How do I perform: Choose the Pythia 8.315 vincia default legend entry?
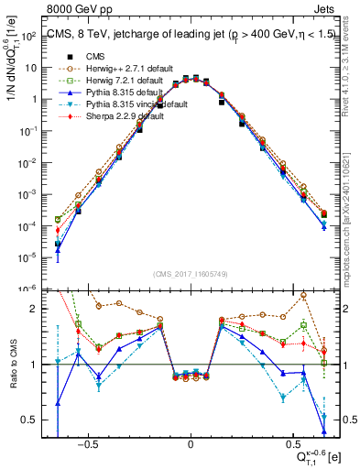(x=137, y=105)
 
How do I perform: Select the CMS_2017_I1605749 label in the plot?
(x=191, y=274)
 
